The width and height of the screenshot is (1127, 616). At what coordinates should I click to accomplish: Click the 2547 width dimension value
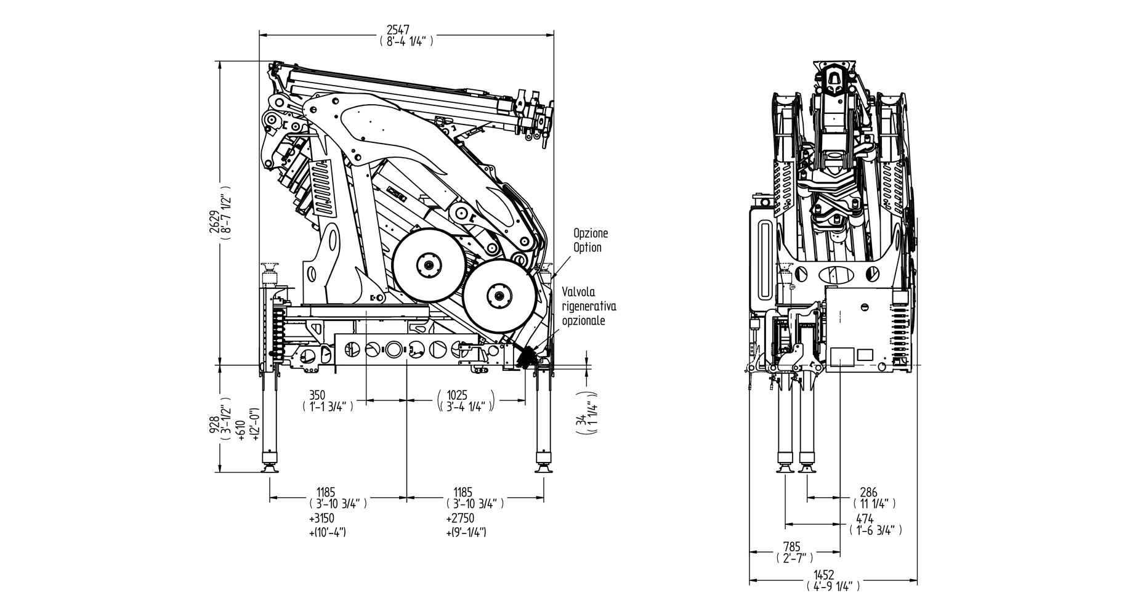406,30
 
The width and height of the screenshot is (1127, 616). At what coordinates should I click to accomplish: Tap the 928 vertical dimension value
214,424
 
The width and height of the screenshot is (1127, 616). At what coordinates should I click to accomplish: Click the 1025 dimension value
458,395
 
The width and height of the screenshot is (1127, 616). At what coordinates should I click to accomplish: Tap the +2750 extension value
459,519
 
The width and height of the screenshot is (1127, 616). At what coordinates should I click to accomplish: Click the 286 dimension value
868,492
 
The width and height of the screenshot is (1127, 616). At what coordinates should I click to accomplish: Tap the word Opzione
591,233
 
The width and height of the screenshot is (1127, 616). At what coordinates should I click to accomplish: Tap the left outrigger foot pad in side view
270,469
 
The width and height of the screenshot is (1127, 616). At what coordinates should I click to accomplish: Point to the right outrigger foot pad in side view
543,469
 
